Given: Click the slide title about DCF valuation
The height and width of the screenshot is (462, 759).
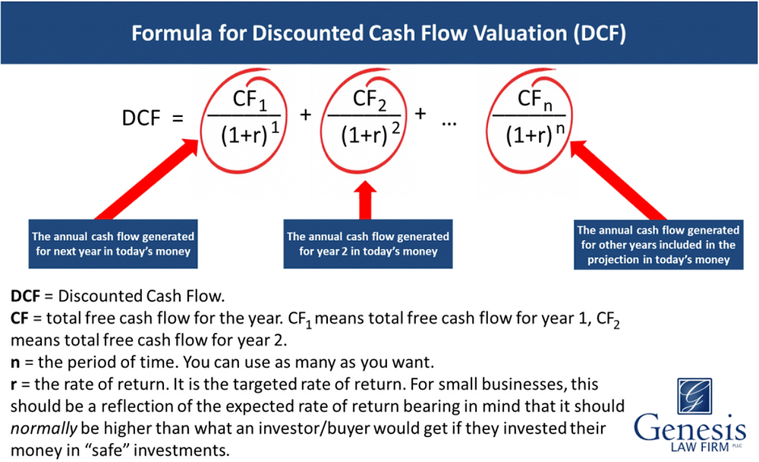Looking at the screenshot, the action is (x=379, y=33).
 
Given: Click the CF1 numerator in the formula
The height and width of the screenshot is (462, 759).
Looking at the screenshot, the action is (x=250, y=100).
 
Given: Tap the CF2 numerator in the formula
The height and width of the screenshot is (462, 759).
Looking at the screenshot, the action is (x=370, y=100).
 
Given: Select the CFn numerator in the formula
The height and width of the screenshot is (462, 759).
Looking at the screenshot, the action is (x=535, y=100).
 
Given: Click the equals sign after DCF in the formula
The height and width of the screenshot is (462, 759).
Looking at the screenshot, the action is (x=178, y=119).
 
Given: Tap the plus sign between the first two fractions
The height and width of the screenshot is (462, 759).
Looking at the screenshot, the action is (x=305, y=115).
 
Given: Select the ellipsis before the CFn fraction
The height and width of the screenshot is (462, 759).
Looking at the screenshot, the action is (x=449, y=124).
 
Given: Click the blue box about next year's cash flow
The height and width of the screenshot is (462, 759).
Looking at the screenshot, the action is (x=113, y=244).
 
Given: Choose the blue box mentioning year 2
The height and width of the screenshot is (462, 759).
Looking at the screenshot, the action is (x=368, y=244).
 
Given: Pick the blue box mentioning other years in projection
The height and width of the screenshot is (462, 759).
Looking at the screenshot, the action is (x=658, y=245).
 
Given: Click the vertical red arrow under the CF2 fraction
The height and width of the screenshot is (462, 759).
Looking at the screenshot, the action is (x=366, y=200).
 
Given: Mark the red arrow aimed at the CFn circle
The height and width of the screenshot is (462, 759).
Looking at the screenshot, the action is (x=618, y=180).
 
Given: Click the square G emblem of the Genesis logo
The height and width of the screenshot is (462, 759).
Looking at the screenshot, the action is (x=694, y=397).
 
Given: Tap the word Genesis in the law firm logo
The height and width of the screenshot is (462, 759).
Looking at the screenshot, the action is (x=690, y=429).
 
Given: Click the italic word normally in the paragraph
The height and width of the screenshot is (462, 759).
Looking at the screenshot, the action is (x=43, y=429).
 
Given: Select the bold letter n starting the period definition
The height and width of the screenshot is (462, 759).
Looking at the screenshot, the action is (x=15, y=362).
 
